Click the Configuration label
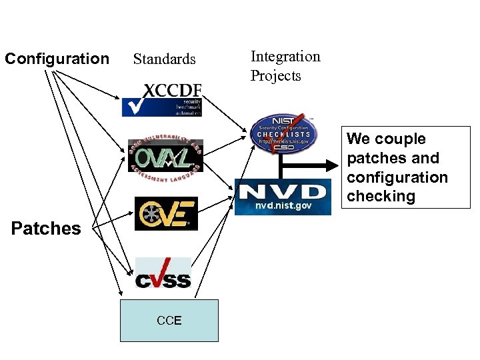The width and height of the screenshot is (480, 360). (57, 59)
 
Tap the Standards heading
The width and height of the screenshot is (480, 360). (165, 59)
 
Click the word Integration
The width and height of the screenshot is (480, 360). (285, 56)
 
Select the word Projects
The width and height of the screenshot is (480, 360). (275, 75)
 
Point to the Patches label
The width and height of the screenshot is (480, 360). (46, 229)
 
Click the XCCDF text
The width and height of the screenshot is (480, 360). (173, 90)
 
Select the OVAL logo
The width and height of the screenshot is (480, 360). (165, 157)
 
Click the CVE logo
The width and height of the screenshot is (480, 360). (166, 214)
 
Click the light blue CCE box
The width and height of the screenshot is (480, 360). (169, 321)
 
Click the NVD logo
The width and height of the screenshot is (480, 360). (283, 193)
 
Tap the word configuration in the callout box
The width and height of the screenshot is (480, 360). (397, 177)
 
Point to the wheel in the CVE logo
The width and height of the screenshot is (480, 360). (148, 215)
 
